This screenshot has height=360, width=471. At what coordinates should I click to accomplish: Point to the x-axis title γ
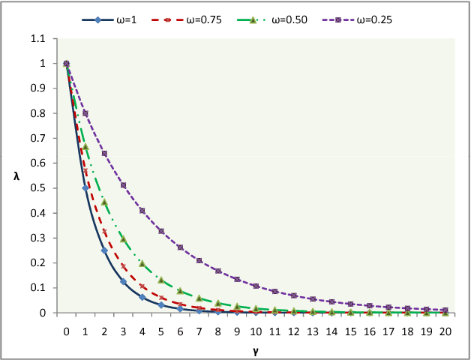[256, 349]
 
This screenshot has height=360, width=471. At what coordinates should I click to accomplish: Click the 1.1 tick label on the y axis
[46, 39]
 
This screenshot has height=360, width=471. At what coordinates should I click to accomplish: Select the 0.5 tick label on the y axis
[46, 188]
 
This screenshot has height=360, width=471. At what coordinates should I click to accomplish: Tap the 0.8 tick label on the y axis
[46, 114]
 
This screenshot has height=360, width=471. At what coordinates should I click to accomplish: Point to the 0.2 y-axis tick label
[46, 263]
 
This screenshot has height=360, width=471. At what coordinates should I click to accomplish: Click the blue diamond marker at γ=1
[85, 188]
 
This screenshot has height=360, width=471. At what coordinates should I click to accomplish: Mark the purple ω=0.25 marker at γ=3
[123, 185]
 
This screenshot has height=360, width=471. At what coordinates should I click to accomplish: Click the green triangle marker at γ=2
[104, 202]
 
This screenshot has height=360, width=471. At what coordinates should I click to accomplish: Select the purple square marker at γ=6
[180, 247]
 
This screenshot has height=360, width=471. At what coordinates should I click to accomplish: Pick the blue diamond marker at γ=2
[104, 250]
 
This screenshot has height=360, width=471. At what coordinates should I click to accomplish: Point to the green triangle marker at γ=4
[142, 263]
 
